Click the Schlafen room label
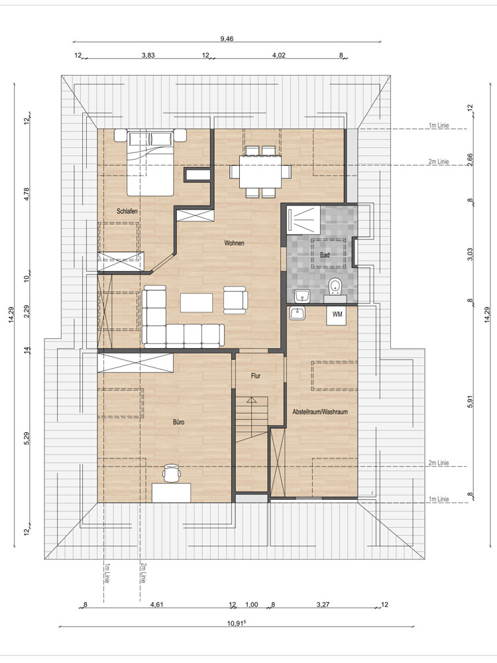point(127,211)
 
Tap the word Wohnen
point(234,243)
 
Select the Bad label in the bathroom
point(325,255)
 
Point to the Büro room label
point(178,422)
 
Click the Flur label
point(256,376)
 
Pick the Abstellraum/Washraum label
point(320,412)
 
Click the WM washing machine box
point(337,315)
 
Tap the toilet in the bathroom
point(335,288)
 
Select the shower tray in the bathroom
point(303,219)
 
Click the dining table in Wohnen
point(260,172)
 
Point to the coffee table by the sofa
point(197,302)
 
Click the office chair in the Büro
point(172,473)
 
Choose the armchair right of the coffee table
point(235,300)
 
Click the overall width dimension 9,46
point(227,39)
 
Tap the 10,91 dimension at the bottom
point(237,623)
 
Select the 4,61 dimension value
point(156,605)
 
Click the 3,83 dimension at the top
point(148,55)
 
